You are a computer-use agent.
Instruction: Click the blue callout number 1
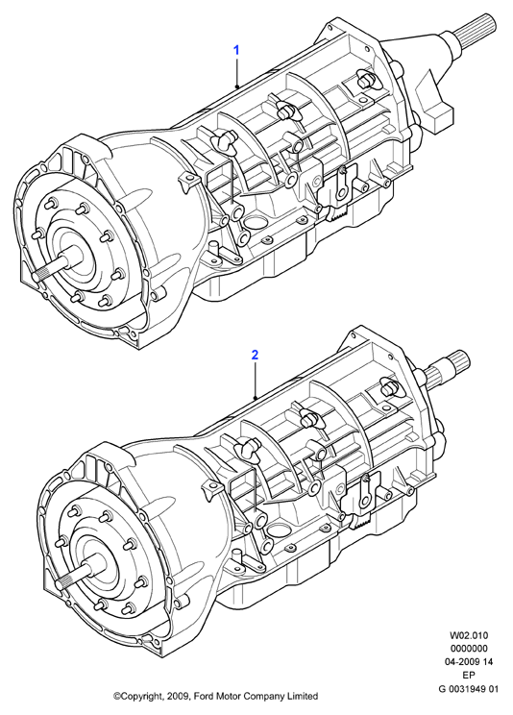click(x=236, y=50)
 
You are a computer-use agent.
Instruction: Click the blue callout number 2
click(x=255, y=355)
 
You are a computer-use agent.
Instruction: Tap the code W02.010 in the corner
click(x=469, y=635)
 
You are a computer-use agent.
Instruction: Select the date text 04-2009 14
click(x=468, y=661)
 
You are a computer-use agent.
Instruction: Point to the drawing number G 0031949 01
click(x=468, y=688)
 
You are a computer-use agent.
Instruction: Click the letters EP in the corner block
click(x=469, y=676)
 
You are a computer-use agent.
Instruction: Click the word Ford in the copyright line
click(x=204, y=696)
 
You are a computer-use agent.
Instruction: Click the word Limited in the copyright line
click(x=302, y=696)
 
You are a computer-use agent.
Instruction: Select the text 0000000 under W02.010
click(x=469, y=649)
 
